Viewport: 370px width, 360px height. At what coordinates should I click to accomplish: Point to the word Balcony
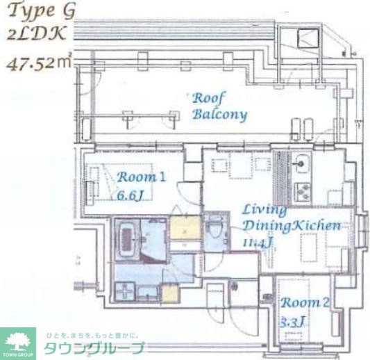(219, 114)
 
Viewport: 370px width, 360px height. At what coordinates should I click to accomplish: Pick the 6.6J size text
(131, 195)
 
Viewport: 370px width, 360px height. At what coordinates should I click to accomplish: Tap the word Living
(264, 210)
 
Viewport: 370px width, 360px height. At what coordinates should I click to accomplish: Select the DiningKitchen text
(292, 226)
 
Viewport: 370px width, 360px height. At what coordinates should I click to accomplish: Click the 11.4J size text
(258, 242)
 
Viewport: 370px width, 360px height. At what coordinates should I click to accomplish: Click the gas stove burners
(303, 188)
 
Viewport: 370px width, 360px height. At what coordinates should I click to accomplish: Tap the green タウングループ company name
(94, 349)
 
